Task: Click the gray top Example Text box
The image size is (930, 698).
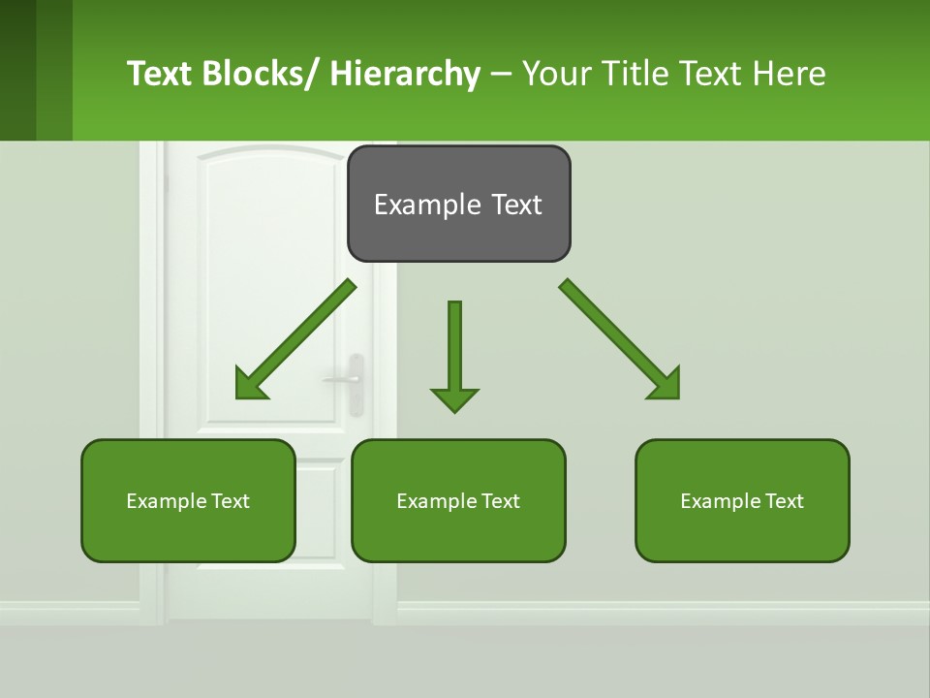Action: (458, 204)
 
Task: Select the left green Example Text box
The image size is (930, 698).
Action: (188, 500)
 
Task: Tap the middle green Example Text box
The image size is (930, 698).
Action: (458, 500)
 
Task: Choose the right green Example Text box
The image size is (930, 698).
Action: (742, 500)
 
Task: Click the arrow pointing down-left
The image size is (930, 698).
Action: (295, 339)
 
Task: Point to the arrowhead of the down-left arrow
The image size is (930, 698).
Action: (250, 385)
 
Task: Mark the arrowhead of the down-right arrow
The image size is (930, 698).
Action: (666, 385)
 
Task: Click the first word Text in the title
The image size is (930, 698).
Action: (160, 74)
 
